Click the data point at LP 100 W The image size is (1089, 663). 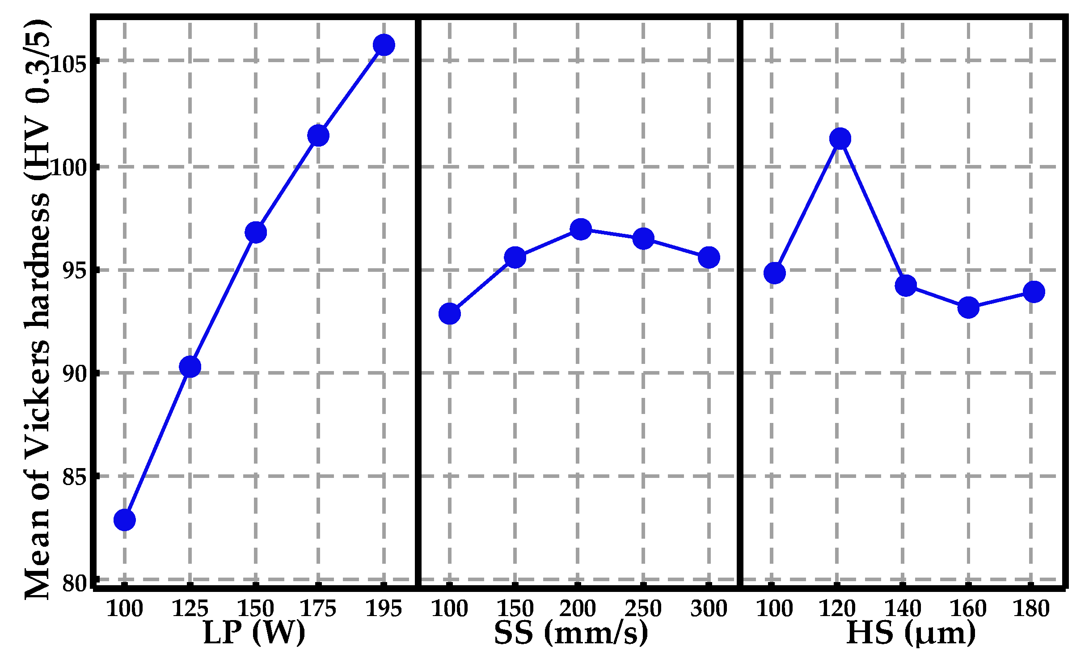pos(124,520)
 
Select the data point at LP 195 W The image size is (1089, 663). pos(384,45)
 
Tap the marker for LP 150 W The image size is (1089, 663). pos(255,232)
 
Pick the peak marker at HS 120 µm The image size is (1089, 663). pos(840,139)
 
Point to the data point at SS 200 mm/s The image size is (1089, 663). pos(580,229)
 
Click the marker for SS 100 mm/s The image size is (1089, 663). pos(449,313)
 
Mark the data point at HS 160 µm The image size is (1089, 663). pos(968,308)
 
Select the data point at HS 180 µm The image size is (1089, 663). pos(1034,292)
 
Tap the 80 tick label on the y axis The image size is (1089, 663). pos(74,583)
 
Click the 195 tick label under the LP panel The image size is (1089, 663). pos(384,609)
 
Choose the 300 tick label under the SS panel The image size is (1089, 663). pos(709,609)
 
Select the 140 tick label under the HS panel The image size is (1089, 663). pos(903,609)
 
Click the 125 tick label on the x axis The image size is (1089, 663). pos(190,609)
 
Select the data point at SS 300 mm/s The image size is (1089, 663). pos(709,258)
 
